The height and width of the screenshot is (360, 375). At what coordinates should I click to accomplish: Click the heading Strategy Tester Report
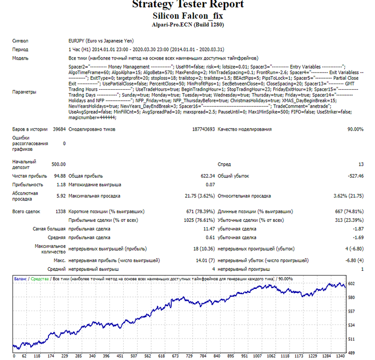click(187, 4)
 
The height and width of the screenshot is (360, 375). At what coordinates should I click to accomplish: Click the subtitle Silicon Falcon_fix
click(187, 16)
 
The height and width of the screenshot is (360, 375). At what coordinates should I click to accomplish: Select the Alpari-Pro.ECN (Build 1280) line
click(187, 24)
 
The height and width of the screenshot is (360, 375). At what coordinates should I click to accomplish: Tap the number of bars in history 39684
click(59, 129)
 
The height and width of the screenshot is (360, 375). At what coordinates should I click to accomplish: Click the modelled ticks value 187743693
click(203, 129)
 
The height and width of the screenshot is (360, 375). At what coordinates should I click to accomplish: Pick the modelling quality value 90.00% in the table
click(355, 129)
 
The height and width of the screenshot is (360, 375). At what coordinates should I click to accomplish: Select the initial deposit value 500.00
click(59, 164)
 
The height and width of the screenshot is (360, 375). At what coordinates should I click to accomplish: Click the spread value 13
click(361, 164)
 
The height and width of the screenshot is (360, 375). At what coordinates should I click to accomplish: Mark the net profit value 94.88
click(60, 176)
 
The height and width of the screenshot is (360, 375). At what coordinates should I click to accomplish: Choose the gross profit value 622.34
click(208, 176)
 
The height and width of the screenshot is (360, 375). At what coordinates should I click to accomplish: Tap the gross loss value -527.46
click(356, 176)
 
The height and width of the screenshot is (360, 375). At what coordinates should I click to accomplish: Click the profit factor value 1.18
click(61, 184)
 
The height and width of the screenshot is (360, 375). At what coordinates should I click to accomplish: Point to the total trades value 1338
click(60, 211)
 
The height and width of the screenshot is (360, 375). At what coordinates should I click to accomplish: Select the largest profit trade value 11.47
click(209, 229)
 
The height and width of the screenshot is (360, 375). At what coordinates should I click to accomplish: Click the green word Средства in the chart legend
click(40, 279)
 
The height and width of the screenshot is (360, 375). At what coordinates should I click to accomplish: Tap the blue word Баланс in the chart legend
click(20, 279)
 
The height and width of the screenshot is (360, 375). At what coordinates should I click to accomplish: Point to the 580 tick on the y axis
click(352, 297)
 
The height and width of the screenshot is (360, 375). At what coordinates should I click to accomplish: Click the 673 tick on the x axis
click(176, 356)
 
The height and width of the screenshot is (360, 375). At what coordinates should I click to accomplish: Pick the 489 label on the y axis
click(352, 353)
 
